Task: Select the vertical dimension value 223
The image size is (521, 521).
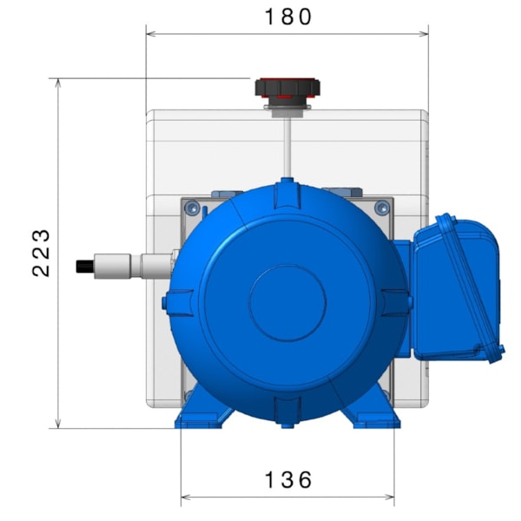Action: coord(41,253)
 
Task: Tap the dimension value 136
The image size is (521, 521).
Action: coord(287,479)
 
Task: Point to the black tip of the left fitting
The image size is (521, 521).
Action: coord(85,265)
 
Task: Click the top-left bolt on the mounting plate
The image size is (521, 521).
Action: coord(191,207)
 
